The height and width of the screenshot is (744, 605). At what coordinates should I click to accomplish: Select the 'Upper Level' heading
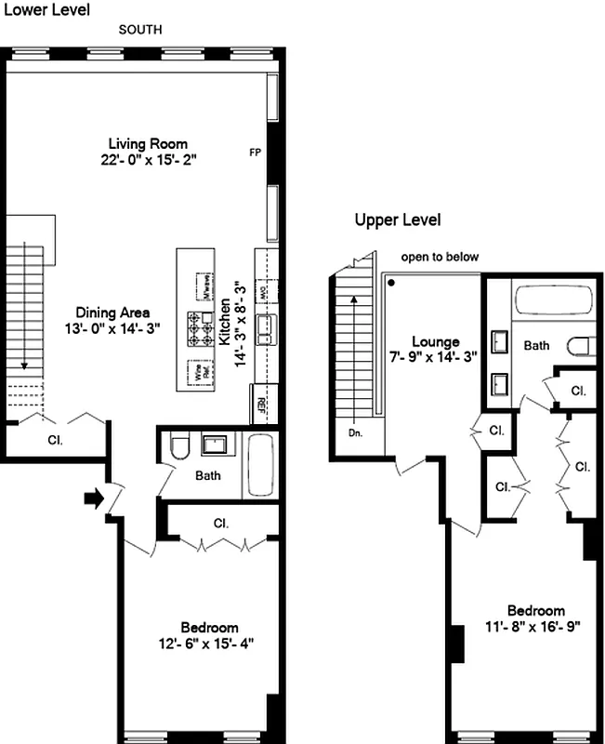397,220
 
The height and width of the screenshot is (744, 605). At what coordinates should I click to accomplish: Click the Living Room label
148,144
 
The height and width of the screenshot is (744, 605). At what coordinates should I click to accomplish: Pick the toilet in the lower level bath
180,449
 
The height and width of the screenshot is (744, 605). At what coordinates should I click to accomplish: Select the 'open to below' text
440,257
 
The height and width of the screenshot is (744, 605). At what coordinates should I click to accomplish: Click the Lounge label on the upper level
436,342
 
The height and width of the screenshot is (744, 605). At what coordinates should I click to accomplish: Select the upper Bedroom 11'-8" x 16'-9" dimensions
534,626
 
